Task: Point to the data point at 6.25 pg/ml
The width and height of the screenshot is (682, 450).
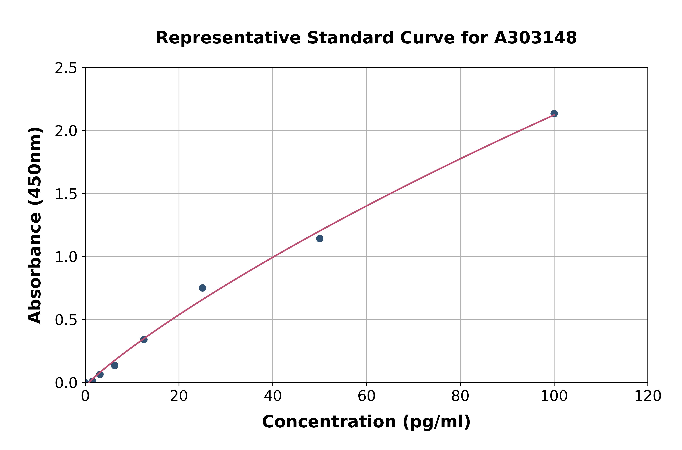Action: coord(115,365)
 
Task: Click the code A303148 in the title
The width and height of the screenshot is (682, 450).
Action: coord(535,38)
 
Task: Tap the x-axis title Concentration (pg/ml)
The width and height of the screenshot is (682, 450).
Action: coord(366,422)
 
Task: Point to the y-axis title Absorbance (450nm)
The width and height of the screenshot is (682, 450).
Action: coord(35,225)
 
